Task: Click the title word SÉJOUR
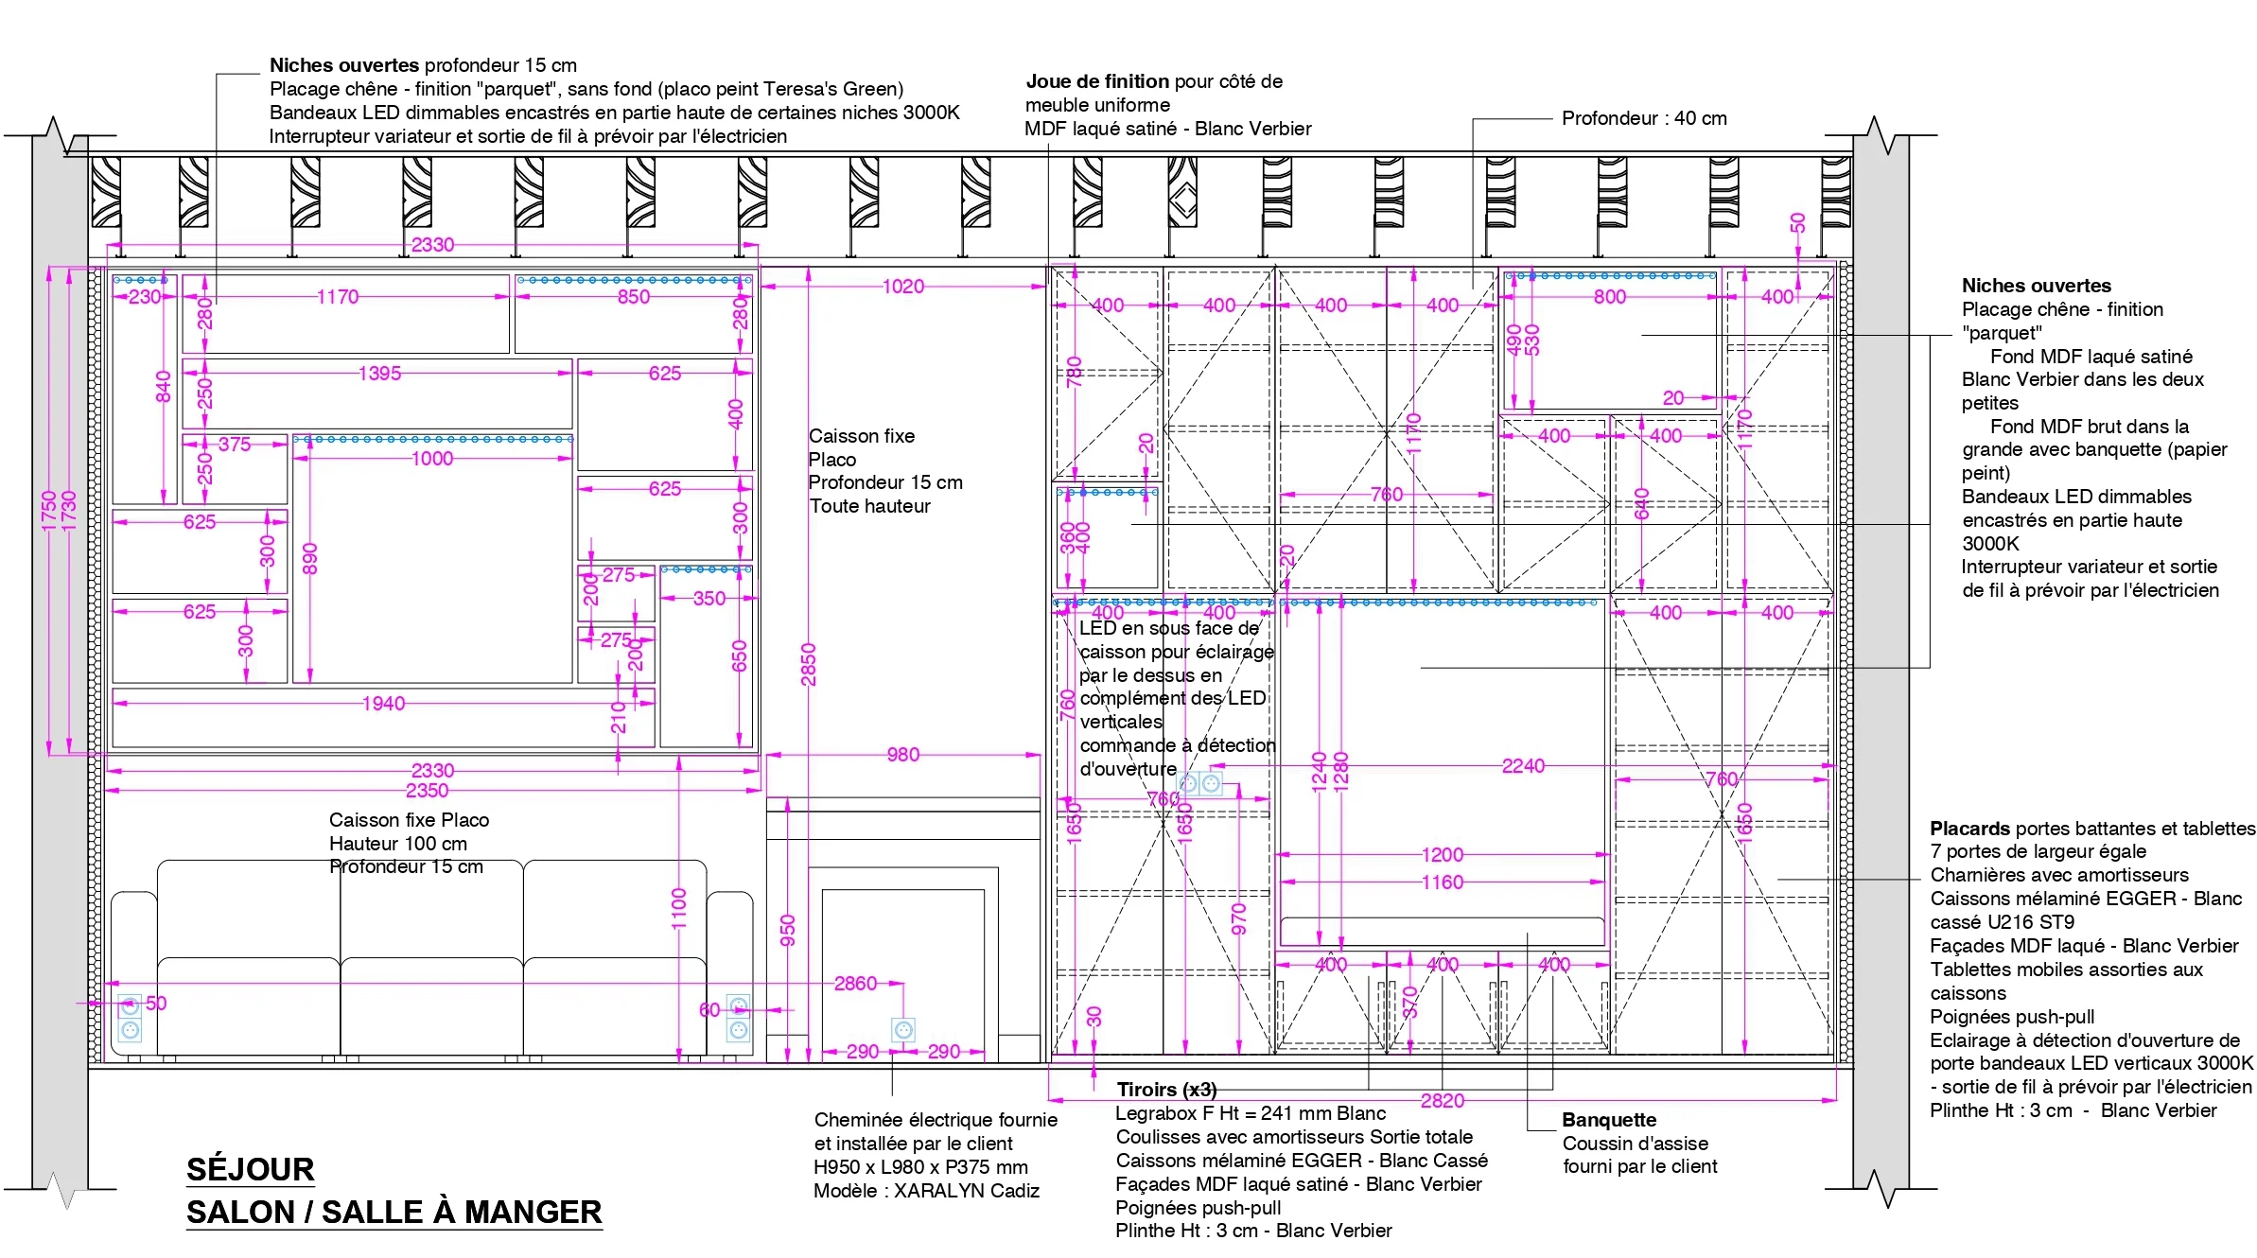coord(250,1170)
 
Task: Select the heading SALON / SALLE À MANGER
coord(394,1213)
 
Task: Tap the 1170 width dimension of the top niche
coord(338,297)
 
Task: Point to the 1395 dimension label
coord(379,374)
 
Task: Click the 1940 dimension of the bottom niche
coord(383,704)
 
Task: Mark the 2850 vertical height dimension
coord(808,664)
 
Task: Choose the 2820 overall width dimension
coord(1442,1100)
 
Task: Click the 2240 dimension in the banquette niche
coord(1523,766)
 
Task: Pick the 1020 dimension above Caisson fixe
coord(902,287)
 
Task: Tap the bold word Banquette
coord(1609,1120)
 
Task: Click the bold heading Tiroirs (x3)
coord(1166,1090)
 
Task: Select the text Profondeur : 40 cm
coord(1644,118)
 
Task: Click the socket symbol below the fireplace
coord(903,1030)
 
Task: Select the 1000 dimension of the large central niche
coord(432,459)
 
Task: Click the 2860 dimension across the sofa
coord(855,984)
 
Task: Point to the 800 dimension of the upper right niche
coord(1609,297)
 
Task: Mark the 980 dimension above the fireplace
coord(902,755)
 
